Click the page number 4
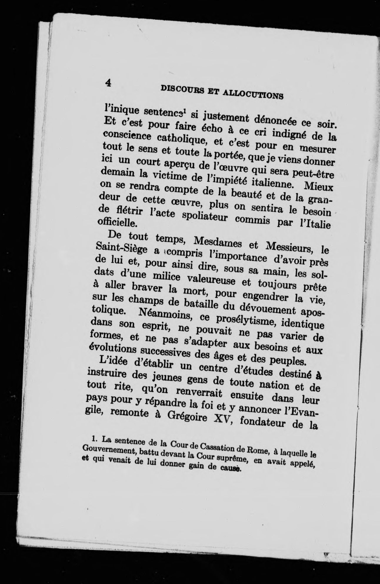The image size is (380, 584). pos(108,83)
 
